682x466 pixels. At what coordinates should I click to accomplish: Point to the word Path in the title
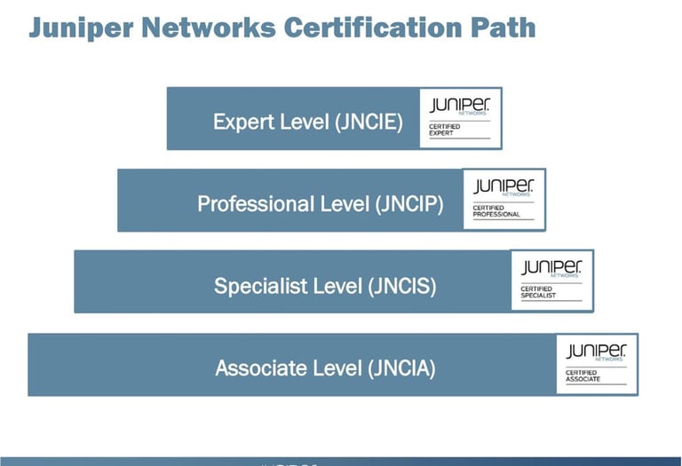[x=504, y=28]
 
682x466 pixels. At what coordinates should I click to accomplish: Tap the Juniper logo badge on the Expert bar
[x=460, y=118]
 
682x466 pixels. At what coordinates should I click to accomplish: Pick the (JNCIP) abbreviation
[x=409, y=203]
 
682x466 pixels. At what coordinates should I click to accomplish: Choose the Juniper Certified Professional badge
[x=504, y=199]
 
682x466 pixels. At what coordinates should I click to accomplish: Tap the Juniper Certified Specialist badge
[x=551, y=280]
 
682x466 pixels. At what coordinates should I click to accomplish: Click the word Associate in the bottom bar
[x=260, y=367]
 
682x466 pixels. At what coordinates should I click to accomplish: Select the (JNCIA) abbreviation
[x=400, y=367]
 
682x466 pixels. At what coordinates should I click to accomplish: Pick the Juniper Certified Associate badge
[x=597, y=363]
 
